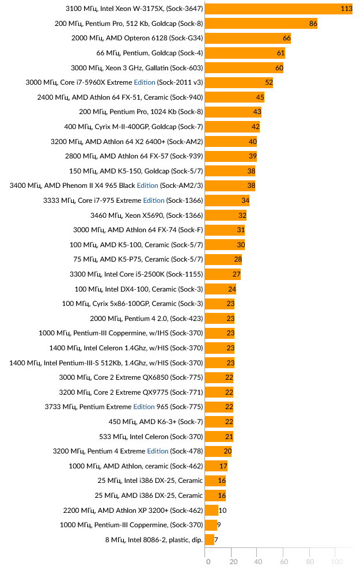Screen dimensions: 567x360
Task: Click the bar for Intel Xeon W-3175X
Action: [x=278, y=9]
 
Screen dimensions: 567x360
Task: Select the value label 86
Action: [x=313, y=24]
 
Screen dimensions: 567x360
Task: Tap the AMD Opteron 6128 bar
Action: [x=248, y=38]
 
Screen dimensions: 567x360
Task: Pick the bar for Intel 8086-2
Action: [x=210, y=540]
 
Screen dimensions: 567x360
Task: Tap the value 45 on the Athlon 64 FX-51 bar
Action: [x=260, y=97]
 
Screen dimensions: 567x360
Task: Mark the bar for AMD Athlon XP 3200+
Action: [x=211, y=511]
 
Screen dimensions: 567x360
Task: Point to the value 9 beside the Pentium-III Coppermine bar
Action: [x=219, y=525]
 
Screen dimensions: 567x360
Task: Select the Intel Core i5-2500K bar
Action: [x=222, y=274]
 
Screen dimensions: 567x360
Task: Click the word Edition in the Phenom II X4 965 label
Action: [x=147, y=186]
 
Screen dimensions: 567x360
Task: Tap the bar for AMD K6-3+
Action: [x=219, y=422]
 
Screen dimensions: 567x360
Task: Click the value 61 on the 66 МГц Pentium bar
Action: [x=281, y=53]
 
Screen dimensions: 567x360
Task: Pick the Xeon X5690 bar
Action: [x=225, y=216]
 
